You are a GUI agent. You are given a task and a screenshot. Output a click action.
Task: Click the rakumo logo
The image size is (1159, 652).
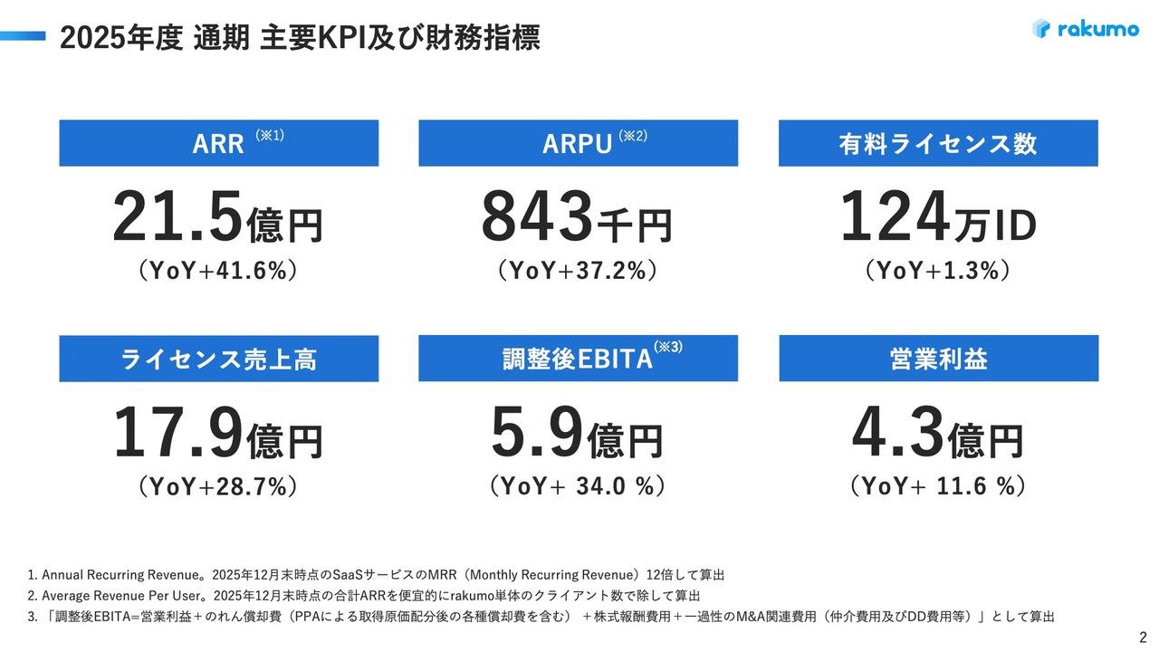coord(1086,29)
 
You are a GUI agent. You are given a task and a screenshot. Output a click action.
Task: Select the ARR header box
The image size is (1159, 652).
coord(219,143)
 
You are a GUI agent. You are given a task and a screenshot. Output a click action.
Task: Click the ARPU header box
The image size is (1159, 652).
coord(578,143)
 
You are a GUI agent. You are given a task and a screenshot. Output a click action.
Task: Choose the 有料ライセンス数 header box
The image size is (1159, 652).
coord(938,143)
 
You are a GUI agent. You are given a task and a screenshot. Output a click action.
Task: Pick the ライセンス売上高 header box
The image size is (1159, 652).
coord(219,359)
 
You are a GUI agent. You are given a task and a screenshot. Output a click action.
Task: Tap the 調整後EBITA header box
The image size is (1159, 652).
coord(578,359)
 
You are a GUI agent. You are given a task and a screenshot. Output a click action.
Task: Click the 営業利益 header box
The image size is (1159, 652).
coord(938,359)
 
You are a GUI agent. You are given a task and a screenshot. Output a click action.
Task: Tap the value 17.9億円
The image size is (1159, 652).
coord(217,436)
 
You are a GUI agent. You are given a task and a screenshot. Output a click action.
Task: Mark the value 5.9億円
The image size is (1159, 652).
coord(577,436)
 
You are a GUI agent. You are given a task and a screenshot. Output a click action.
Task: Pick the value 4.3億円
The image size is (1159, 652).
coord(938,436)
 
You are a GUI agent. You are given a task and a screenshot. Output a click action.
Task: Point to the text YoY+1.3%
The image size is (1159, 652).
coord(938,271)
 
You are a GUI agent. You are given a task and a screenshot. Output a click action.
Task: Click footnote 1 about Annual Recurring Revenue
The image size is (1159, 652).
coord(377,574)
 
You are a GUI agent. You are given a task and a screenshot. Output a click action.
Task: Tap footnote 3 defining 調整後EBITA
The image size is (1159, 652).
coord(541,616)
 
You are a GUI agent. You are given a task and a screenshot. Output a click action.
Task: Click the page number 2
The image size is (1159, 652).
coord(1143,636)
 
